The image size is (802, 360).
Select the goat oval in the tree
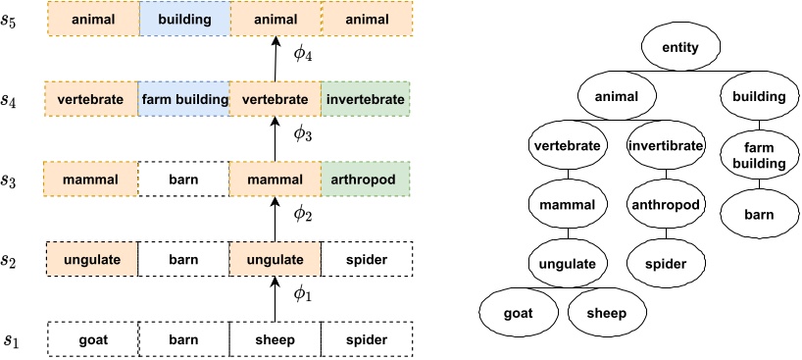[518, 314]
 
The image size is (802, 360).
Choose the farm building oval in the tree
[755, 153]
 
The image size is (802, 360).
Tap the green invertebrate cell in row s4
[366, 98]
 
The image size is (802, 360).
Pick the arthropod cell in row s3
[366, 180]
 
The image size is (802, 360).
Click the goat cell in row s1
[92, 340]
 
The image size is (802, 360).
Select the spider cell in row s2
[366, 260]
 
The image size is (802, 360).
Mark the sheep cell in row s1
[275, 340]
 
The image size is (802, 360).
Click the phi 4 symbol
[303, 53]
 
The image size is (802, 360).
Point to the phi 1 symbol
[303, 295]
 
